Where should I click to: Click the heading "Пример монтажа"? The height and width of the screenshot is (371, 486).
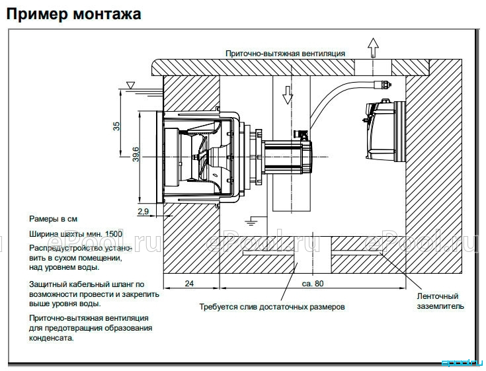click(74, 14)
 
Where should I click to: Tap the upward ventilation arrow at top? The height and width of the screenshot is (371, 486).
click(373, 48)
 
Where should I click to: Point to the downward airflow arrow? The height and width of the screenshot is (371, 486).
click(288, 95)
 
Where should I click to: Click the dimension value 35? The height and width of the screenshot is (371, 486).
click(116, 126)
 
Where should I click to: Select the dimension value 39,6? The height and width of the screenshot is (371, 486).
click(136, 154)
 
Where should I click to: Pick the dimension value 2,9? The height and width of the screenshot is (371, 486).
click(143, 212)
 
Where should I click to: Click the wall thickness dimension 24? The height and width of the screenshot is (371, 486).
click(189, 283)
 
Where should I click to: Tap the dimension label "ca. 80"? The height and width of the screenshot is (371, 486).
click(312, 283)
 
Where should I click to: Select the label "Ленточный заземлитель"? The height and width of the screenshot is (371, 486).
click(440, 302)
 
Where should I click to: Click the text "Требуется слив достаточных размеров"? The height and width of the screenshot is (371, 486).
click(272, 307)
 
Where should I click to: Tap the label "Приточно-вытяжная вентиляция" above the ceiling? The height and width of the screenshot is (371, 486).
click(285, 54)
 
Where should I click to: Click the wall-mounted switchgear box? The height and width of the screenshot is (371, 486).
click(384, 130)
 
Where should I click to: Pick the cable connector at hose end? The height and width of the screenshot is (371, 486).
click(382, 84)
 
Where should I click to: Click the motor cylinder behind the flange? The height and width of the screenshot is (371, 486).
click(287, 157)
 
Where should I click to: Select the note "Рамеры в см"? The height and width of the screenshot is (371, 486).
click(53, 219)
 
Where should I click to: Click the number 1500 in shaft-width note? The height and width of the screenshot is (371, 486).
click(114, 234)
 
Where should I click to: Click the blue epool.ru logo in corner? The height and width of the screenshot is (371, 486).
click(462, 362)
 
